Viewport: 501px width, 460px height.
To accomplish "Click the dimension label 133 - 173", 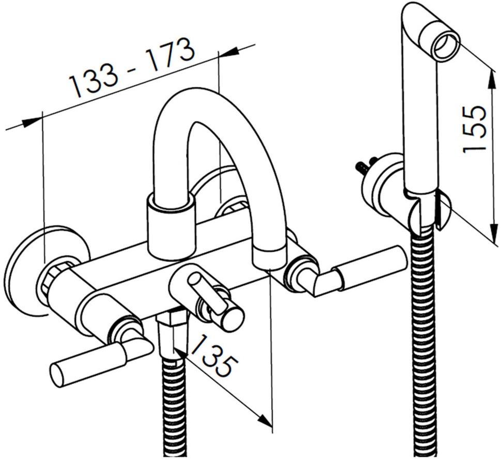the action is tap(132, 68).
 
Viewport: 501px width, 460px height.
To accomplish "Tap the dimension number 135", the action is tap(214, 356).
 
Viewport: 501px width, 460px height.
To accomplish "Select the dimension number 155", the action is tap(474, 129).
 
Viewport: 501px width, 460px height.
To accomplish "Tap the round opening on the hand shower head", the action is tap(445, 47).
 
